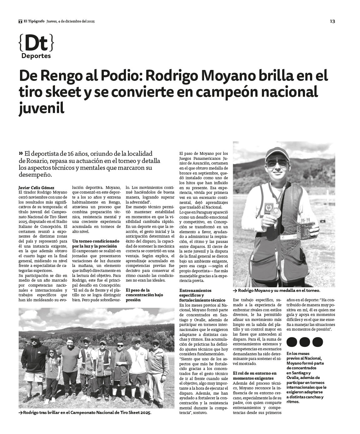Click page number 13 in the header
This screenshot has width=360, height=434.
click(x=332, y=21)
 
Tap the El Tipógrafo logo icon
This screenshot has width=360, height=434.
click(x=20, y=22)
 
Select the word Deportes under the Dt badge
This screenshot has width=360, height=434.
click(x=36, y=56)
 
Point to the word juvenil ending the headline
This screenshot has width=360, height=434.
click(x=42, y=108)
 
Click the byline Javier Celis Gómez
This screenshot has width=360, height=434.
click(x=37, y=188)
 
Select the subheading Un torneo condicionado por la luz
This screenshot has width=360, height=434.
click(x=96, y=244)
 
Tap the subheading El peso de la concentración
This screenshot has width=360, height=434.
click(x=144, y=295)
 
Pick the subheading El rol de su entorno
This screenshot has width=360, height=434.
click(x=255, y=376)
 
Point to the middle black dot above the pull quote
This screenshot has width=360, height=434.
click(x=305, y=342)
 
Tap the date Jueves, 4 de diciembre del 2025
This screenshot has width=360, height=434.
click(x=71, y=22)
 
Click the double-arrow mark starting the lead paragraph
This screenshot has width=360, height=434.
click(x=21, y=153)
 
